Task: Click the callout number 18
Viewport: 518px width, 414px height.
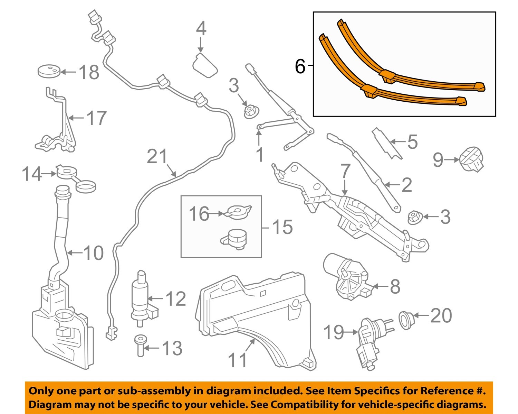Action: [x=89, y=72]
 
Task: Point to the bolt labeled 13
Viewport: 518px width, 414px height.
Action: [x=140, y=345]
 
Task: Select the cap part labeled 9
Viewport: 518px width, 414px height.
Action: [x=472, y=160]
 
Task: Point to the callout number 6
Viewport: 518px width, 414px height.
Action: [x=300, y=66]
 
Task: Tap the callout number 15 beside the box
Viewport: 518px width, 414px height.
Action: [x=282, y=227]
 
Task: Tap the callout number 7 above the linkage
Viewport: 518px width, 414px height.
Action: [x=345, y=172]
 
